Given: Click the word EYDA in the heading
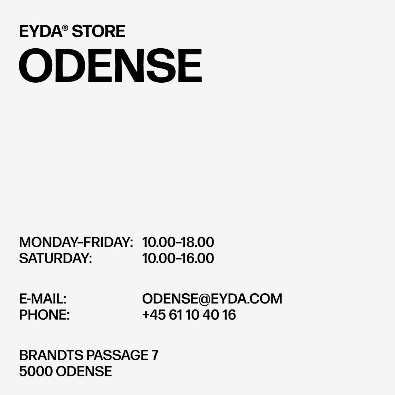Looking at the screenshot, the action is [41, 31].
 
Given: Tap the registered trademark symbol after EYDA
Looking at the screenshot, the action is [65, 28].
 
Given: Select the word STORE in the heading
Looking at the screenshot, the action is [98, 31].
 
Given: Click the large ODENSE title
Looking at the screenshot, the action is [110, 65].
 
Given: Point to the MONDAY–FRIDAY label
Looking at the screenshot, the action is [76, 242].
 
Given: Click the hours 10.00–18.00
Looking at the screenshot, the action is [178, 242].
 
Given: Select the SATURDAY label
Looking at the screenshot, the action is [56, 258].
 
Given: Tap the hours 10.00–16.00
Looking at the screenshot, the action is [178, 258].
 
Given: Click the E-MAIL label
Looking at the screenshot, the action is [43, 299].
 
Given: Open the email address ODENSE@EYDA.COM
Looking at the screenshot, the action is [212, 299].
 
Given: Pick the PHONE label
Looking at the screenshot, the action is [45, 315].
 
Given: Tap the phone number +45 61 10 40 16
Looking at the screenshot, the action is [189, 315].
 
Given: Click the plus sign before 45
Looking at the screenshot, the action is [146, 315].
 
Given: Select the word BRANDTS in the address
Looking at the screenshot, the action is [51, 355].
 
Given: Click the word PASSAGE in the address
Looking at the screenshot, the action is [117, 355].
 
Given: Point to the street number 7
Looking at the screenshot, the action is [155, 355].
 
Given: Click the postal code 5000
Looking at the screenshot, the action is [36, 371].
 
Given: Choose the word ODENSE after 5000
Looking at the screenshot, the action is [84, 371].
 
